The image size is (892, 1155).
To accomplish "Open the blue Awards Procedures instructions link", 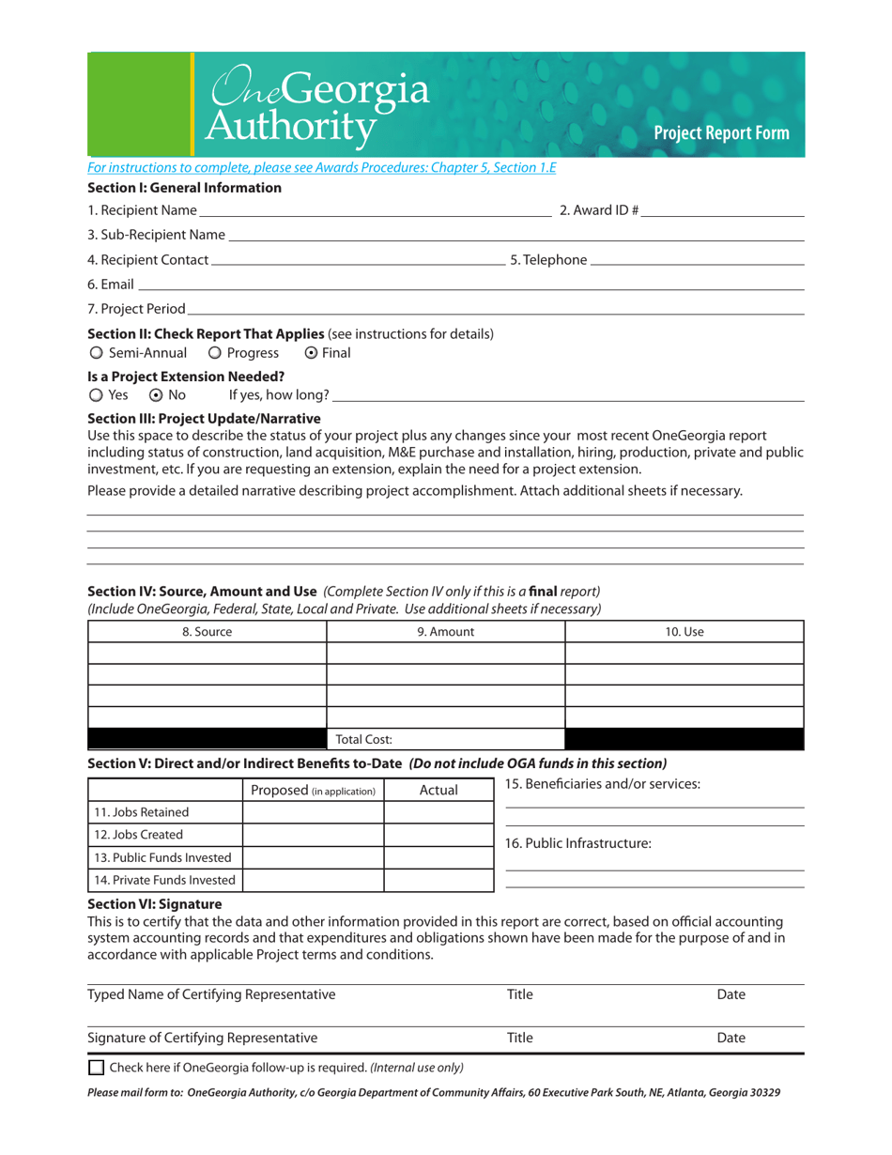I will click(x=322, y=168).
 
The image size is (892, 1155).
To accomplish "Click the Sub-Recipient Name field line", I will click(x=516, y=237).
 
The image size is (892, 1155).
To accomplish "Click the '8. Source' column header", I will click(x=207, y=632).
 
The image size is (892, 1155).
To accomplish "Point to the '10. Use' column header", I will click(x=684, y=632).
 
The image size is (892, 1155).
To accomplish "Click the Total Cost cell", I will click(x=445, y=740).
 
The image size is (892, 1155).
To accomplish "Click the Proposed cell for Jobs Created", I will click(x=314, y=835).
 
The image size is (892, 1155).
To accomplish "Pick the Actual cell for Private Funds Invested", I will click(x=438, y=880).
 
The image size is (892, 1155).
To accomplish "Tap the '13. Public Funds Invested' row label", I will click(x=164, y=857).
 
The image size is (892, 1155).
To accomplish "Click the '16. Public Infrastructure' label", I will click(x=578, y=843).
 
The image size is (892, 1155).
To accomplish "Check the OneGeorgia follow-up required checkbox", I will click(x=96, y=1068).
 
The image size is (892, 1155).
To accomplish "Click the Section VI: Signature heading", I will click(x=154, y=904).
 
